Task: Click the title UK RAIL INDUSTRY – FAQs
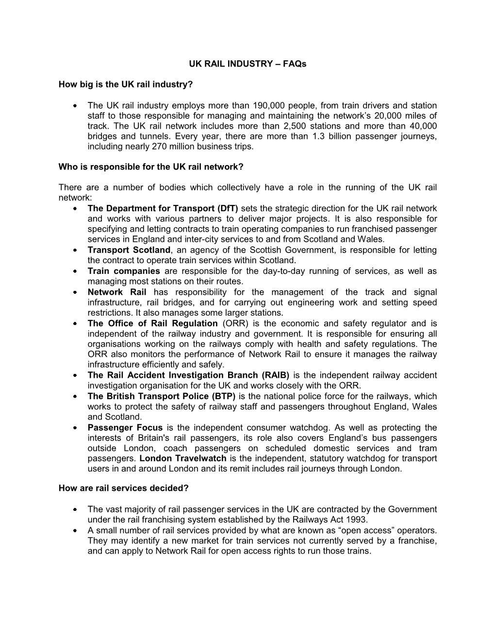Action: click(x=247, y=64)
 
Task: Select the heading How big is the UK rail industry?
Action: click(x=126, y=84)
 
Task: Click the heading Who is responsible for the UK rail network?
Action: click(x=150, y=167)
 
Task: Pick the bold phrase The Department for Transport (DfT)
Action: click(x=163, y=208)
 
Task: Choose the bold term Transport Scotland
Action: click(x=129, y=250)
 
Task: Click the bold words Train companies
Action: click(x=124, y=271)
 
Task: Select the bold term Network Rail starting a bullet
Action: click(x=117, y=292)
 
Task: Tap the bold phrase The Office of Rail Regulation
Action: click(x=152, y=323)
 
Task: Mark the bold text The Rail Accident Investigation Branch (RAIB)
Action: click(x=188, y=375)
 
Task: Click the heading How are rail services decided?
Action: click(x=123, y=489)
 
